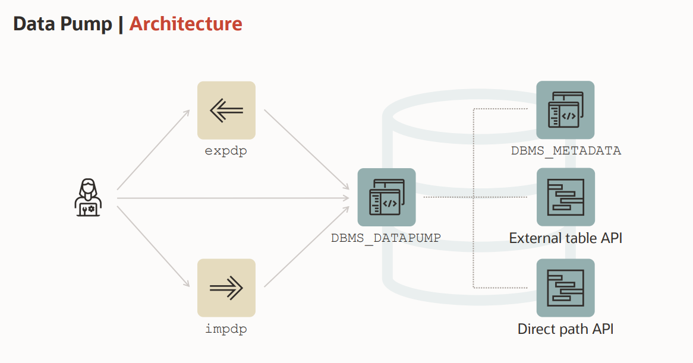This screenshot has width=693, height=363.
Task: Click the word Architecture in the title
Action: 185,24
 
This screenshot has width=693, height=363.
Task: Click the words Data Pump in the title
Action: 62,24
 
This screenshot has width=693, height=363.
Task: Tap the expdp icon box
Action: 226,110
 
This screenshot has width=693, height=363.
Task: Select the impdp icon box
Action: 226,288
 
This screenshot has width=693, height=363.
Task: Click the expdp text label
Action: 226,151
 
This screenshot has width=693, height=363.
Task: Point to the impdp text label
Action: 226,329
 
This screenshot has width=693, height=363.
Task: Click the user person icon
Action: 88,197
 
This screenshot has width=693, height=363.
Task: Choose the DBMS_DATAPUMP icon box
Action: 386,197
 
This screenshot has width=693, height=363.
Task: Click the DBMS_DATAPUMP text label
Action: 386,238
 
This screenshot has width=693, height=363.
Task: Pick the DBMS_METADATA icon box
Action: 565,110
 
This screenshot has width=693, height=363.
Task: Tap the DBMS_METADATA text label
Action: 566,151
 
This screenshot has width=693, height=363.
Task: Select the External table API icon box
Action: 566,197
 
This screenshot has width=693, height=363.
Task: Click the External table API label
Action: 566,238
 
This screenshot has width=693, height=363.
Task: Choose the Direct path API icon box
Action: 566,288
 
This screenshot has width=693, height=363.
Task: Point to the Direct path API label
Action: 566,329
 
